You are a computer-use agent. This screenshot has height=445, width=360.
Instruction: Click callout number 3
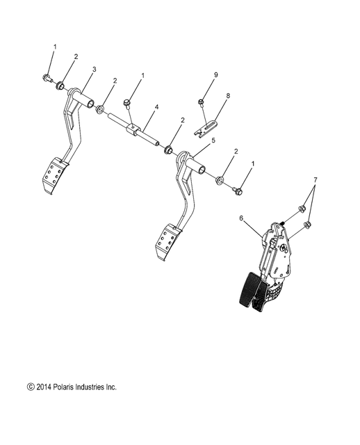[x=95, y=70]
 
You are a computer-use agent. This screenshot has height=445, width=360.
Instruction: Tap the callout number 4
[x=157, y=107]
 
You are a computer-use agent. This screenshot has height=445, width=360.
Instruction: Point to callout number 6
[x=240, y=218]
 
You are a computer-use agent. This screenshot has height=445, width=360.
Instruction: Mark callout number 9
[x=216, y=74]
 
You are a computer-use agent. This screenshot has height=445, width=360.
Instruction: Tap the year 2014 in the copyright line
[x=42, y=386]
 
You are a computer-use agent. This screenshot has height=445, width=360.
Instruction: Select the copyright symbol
[x=29, y=386]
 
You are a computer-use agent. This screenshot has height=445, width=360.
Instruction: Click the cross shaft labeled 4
[x=142, y=132]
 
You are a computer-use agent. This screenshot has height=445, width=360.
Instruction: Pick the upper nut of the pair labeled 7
[x=303, y=209]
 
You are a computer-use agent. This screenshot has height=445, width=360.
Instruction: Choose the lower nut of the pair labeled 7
[x=310, y=225]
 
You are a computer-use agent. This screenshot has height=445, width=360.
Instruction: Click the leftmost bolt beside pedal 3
[x=46, y=78]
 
